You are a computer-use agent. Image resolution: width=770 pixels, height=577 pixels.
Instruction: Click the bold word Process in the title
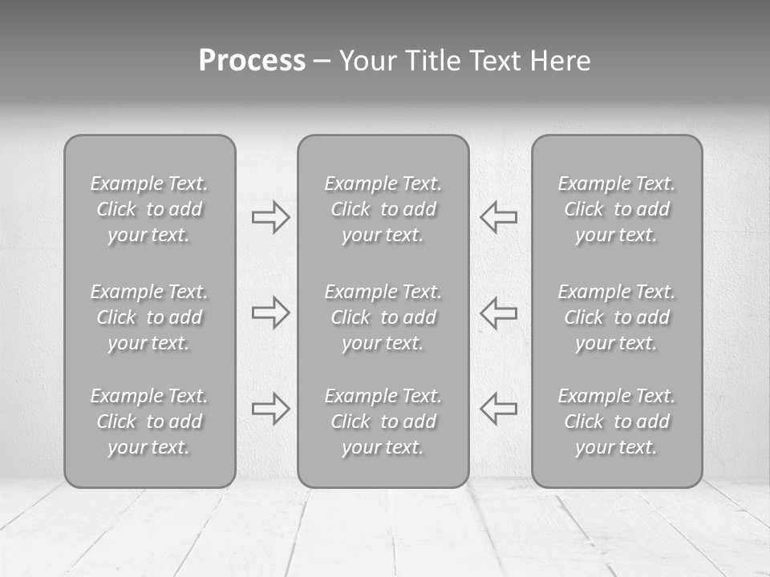tap(252, 61)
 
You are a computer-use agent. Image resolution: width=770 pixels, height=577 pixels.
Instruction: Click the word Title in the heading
tap(433, 61)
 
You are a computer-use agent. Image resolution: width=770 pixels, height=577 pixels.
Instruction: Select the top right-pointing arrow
tap(270, 216)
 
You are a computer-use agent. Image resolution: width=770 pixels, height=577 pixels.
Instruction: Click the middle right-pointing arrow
tap(270, 312)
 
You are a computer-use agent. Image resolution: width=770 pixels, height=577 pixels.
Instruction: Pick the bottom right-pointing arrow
tap(270, 408)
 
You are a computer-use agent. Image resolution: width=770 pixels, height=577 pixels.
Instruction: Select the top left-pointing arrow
tap(499, 216)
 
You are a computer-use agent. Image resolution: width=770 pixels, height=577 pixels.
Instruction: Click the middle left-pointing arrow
tap(499, 312)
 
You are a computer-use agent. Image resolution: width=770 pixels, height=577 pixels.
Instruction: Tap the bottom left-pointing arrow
tap(499, 408)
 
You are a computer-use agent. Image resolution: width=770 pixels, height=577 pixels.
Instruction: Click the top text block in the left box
tap(149, 209)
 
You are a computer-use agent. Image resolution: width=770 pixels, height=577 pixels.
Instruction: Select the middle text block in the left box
tap(149, 317)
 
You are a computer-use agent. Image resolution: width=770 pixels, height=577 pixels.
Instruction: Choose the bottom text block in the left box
tap(149, 422)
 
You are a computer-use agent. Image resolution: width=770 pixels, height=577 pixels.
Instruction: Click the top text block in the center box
tap(383, 209)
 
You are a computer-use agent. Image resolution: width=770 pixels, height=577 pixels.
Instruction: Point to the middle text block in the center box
tap(383, 317)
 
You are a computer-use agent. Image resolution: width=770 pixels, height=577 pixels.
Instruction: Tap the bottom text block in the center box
tap(383, 422)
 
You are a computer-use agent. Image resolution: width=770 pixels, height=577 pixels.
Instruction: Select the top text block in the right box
tap(616, 209)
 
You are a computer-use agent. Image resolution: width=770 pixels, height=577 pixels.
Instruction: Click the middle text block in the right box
tap(616, 317)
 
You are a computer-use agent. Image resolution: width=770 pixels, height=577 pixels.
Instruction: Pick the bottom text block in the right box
tap(616, 422)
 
